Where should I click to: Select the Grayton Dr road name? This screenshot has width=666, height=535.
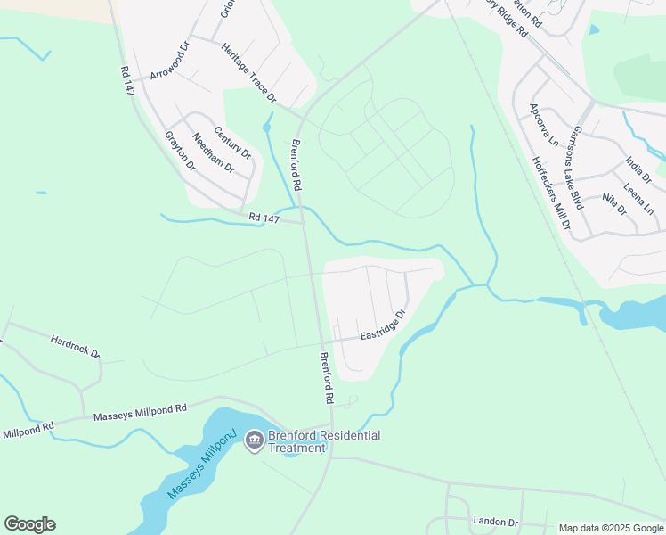(180, 151)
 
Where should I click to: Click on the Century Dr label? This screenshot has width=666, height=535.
(233, 142)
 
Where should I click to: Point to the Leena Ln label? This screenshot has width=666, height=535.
(639, 199)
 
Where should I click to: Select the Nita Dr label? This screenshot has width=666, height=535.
(614, 204)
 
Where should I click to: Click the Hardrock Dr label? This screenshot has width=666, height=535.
(76, 346)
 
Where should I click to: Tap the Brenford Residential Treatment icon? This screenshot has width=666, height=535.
(254, 440)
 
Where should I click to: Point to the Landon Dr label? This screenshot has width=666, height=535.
(495, 522)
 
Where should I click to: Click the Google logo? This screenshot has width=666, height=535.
(29, 524)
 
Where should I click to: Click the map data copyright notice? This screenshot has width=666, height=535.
(611, 528)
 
